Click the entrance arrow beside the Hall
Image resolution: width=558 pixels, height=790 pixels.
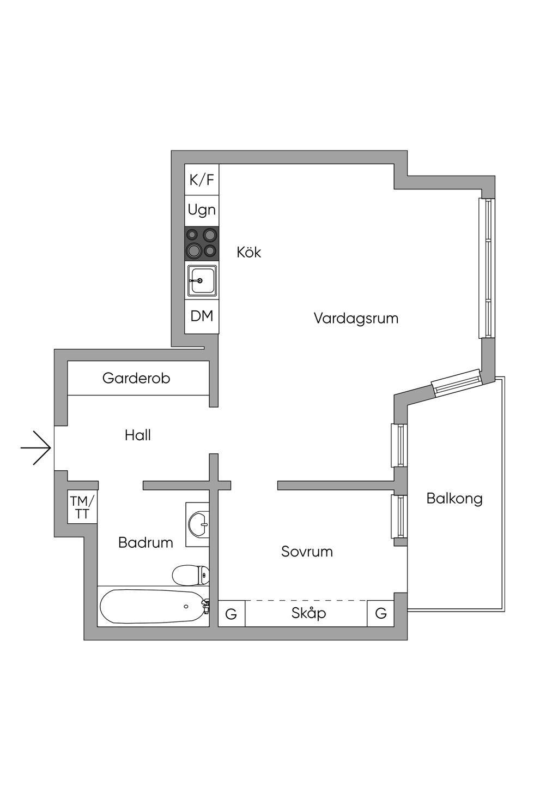pos(36,448)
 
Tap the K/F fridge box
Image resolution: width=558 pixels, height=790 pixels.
pos(202,179)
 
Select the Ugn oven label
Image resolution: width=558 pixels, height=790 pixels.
pos(202,210)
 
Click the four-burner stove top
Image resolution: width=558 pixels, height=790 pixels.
pos(202,243)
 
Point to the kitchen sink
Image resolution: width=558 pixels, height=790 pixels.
pos(202,280)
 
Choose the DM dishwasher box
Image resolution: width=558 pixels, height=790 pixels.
pos(202,316)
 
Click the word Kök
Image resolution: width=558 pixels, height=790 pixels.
pos(249,252)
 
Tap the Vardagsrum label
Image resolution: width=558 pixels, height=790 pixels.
pos(356,318)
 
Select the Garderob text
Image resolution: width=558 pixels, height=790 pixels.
pos(136,378)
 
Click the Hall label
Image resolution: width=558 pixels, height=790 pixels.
pos(137,435)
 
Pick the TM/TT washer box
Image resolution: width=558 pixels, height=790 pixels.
pos(82,507)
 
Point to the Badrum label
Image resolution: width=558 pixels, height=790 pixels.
pos(145,542)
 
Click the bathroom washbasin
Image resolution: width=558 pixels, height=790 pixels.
pos(198,524)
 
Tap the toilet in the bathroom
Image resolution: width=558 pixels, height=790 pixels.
pos(191,574)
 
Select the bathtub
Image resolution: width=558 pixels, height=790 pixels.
pos(153,607)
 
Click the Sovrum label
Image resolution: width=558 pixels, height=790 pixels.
pos(307,552)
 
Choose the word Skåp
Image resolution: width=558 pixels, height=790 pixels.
pos(308,613)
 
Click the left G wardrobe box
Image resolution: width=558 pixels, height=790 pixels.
pos(231,614)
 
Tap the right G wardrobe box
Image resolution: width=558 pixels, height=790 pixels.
pos(381,613)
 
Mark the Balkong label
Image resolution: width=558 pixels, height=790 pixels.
pos(454,499)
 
